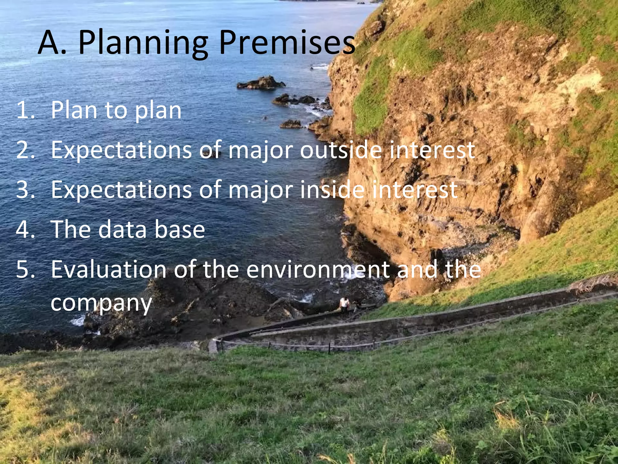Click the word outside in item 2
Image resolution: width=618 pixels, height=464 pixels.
341,150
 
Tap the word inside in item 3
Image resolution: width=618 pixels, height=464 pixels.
332,190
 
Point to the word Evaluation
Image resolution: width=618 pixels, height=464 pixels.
109,269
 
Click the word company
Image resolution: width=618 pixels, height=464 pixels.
101,304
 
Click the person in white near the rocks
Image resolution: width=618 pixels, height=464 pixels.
344,303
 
